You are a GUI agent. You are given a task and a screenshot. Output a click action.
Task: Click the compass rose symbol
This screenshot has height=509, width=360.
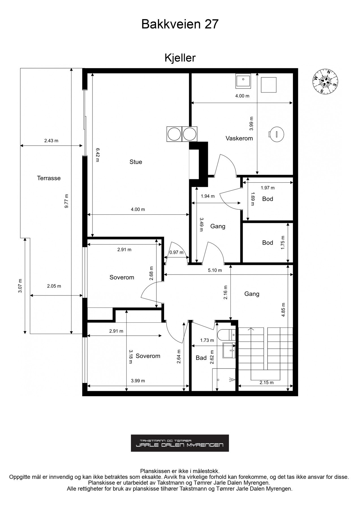(x=325, y=81)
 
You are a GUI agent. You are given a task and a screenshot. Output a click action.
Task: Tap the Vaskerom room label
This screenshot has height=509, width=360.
(x=239, y=138)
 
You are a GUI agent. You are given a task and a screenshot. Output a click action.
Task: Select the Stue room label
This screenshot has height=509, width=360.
(x=136, y=162)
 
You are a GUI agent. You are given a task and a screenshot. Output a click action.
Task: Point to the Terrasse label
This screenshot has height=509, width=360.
(x=49, y=178)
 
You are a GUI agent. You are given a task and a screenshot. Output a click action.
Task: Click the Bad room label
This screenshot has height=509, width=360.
(x=201, y=358)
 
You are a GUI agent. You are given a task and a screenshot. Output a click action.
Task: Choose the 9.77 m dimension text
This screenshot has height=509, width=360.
(x=66, y=201)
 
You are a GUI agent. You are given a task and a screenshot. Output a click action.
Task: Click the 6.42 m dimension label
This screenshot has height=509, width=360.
(x=97, y=155)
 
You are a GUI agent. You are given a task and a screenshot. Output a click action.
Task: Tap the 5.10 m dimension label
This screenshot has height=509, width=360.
(x=215, y=270)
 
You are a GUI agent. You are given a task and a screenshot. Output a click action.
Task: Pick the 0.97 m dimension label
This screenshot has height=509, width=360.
(x=176, y=253)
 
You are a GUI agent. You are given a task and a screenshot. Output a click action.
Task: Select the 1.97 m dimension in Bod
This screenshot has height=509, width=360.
(x=268, y=187)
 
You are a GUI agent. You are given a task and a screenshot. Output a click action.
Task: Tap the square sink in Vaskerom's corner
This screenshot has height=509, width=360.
(x=243, y=81)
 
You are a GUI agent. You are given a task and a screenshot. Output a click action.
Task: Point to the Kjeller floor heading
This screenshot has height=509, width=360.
(x=180, y=58)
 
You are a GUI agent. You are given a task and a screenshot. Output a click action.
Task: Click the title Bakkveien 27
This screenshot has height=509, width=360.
(x=180, y=24)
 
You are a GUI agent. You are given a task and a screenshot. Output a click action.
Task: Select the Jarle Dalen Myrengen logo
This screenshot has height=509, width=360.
(x=180, y=443)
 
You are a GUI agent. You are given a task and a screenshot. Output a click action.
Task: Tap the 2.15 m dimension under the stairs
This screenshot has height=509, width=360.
(x=266, y=383)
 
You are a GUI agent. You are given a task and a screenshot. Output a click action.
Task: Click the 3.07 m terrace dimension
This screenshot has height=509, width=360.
(x=20, y=286)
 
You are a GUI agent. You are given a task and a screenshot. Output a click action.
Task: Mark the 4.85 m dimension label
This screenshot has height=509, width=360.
(x=283, y=310)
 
